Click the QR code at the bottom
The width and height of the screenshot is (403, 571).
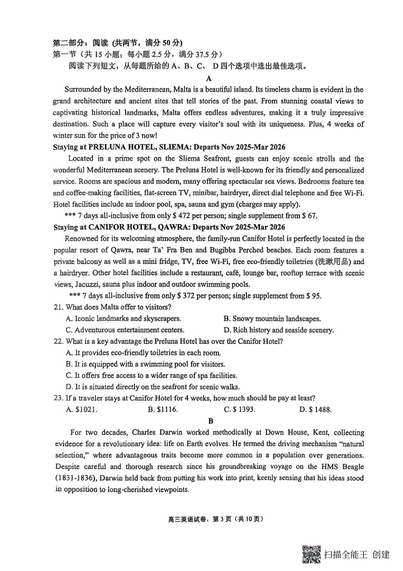(x=311, y=554)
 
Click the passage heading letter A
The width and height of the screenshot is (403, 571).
(x=209, y=78)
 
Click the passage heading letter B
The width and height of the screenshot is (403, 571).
(x=211, y=421)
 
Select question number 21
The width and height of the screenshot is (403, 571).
(x=58, y=307)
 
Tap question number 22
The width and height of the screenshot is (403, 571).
(x=58, y=341)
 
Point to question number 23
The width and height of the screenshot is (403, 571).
(x=58, y=398)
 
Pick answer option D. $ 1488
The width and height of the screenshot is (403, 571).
(x=315, y=410)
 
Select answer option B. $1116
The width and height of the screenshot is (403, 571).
(x=163, y=410)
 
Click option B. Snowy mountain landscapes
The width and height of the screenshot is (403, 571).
(x=272, y=319)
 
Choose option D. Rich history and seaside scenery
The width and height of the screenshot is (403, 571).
(x=278, y=330)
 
